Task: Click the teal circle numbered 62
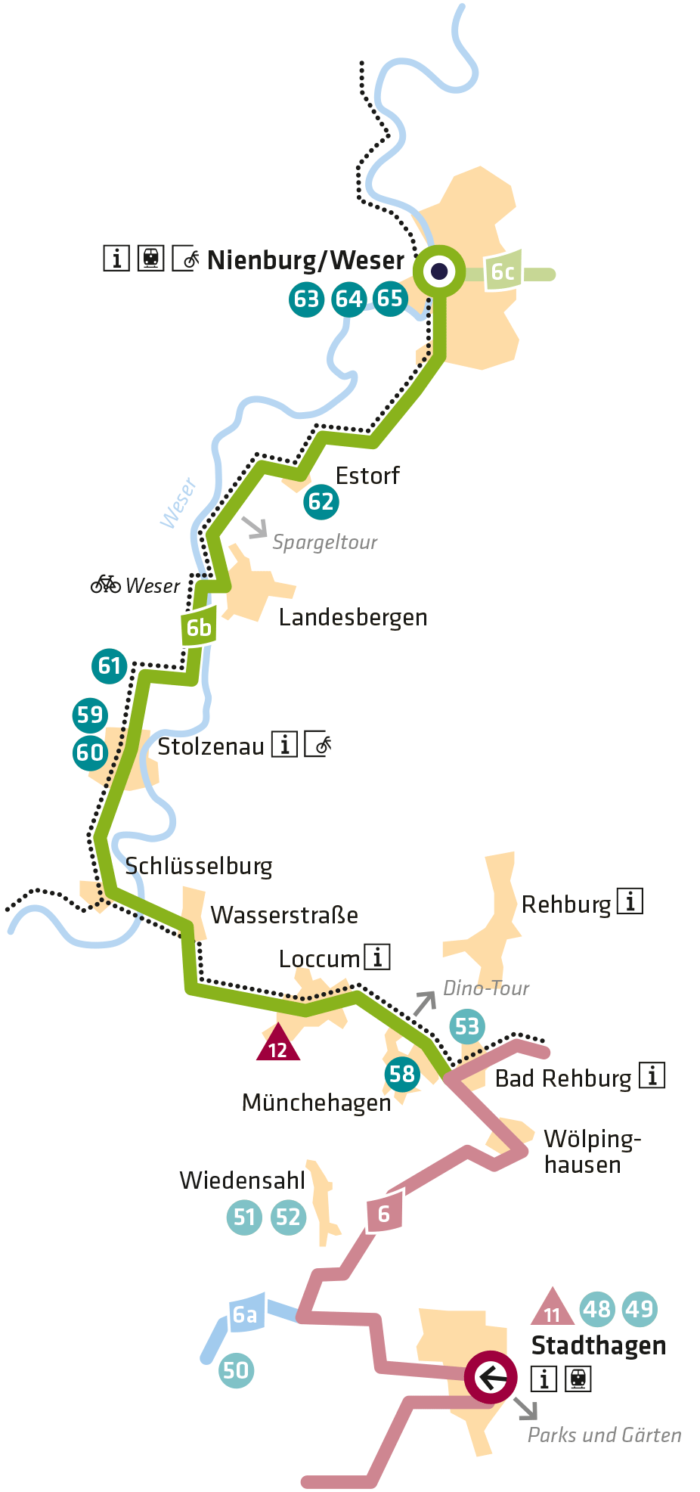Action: click(321, 501)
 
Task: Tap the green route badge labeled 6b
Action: click(199, 627)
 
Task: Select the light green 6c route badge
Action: click(503, 271)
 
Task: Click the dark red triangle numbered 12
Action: click(278, 1044)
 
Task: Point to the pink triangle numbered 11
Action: click(553, 1310)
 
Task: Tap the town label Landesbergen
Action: click(353, 617)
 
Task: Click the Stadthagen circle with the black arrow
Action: click(491, 1377)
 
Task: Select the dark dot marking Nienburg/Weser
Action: click(439, 271)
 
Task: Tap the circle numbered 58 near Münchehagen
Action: click(402, 1074)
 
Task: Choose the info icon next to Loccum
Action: click(377, 957)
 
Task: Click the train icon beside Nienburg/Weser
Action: click(151, 259)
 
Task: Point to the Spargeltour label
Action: click(324, 542)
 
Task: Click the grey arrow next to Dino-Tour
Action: click(425, 1002)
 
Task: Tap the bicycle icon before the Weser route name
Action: click(106, 585)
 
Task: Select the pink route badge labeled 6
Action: click(384, 1214)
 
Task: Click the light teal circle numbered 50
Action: click(236, 1370)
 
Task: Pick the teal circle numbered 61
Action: click(110, 665)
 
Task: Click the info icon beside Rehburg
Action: click(630, 901)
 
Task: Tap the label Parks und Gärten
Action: click(604, 1435)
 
